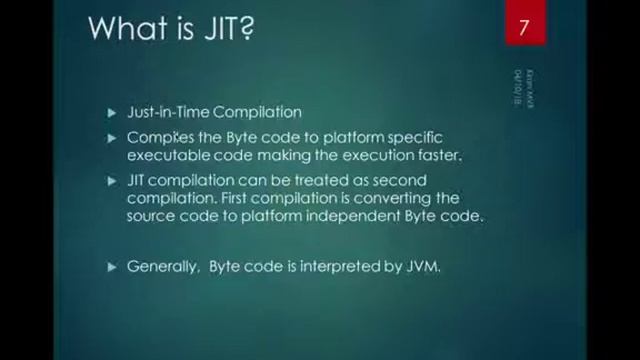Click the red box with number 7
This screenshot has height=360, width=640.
[523, 26]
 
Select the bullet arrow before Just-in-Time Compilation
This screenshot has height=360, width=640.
[112, 113]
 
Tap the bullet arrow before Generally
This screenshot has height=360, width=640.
[112, 267]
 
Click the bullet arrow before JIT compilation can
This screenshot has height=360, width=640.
[112, 180]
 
